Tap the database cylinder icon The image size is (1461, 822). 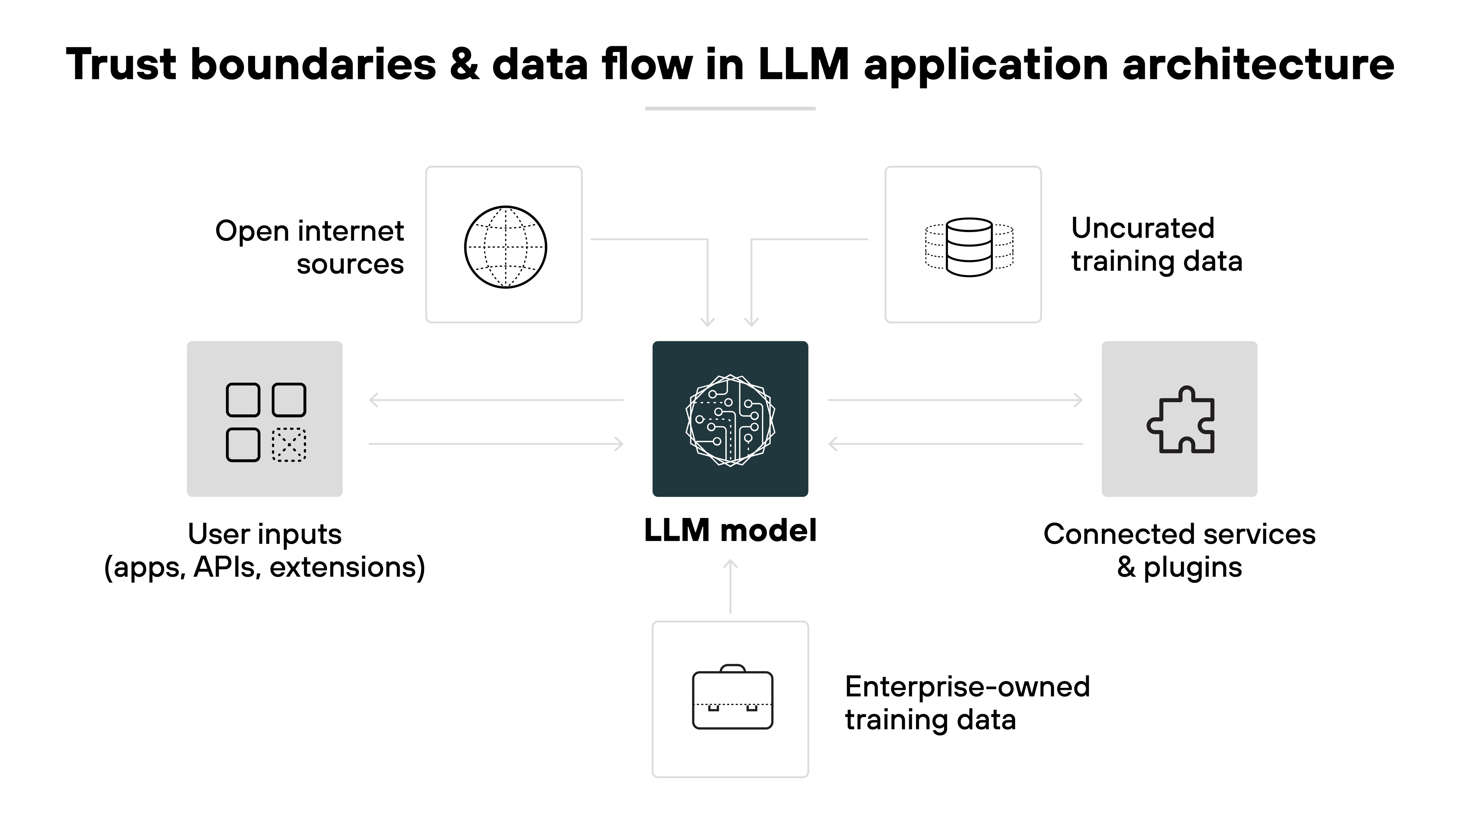point(969,247)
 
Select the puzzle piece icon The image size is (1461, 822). point(1180,420)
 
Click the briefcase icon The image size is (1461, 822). point(732,698)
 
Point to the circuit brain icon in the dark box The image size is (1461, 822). point(730,420)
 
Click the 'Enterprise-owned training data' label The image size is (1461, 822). point(967,703)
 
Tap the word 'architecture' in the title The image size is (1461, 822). point(1258,64)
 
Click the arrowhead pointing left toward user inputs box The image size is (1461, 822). point(374,400)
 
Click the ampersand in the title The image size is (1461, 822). point(464,64)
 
